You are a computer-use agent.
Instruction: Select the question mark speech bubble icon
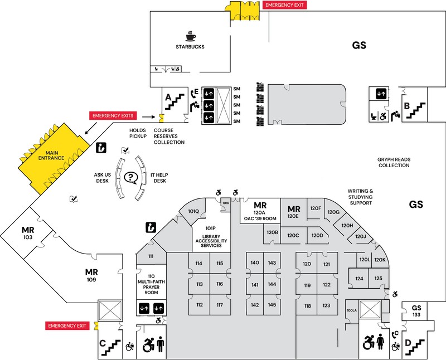[x=131, y=178]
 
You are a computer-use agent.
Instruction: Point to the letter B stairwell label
[x=408, y=106]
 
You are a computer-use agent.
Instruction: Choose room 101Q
[x=193, y=211]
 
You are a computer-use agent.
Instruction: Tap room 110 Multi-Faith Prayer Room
[x=151, y=285]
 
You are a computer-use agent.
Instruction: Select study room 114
[x=199, y=263]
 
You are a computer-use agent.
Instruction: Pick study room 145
[x=272, y=305]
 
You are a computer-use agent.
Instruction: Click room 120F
[x=316, y=208]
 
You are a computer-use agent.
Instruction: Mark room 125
[x=379, y=278]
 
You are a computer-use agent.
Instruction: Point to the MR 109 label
[x=91, y=275]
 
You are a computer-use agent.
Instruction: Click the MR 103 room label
[x=28, y=233]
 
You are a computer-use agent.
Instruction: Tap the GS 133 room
[x=416, y=311]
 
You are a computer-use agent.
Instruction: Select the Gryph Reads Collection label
[x=394, y=162]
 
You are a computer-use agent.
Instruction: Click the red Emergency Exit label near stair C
[x=68, y=325]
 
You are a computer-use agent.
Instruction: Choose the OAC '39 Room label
[x=259, y=218]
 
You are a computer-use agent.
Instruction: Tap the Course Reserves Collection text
[x=169, y=136]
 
